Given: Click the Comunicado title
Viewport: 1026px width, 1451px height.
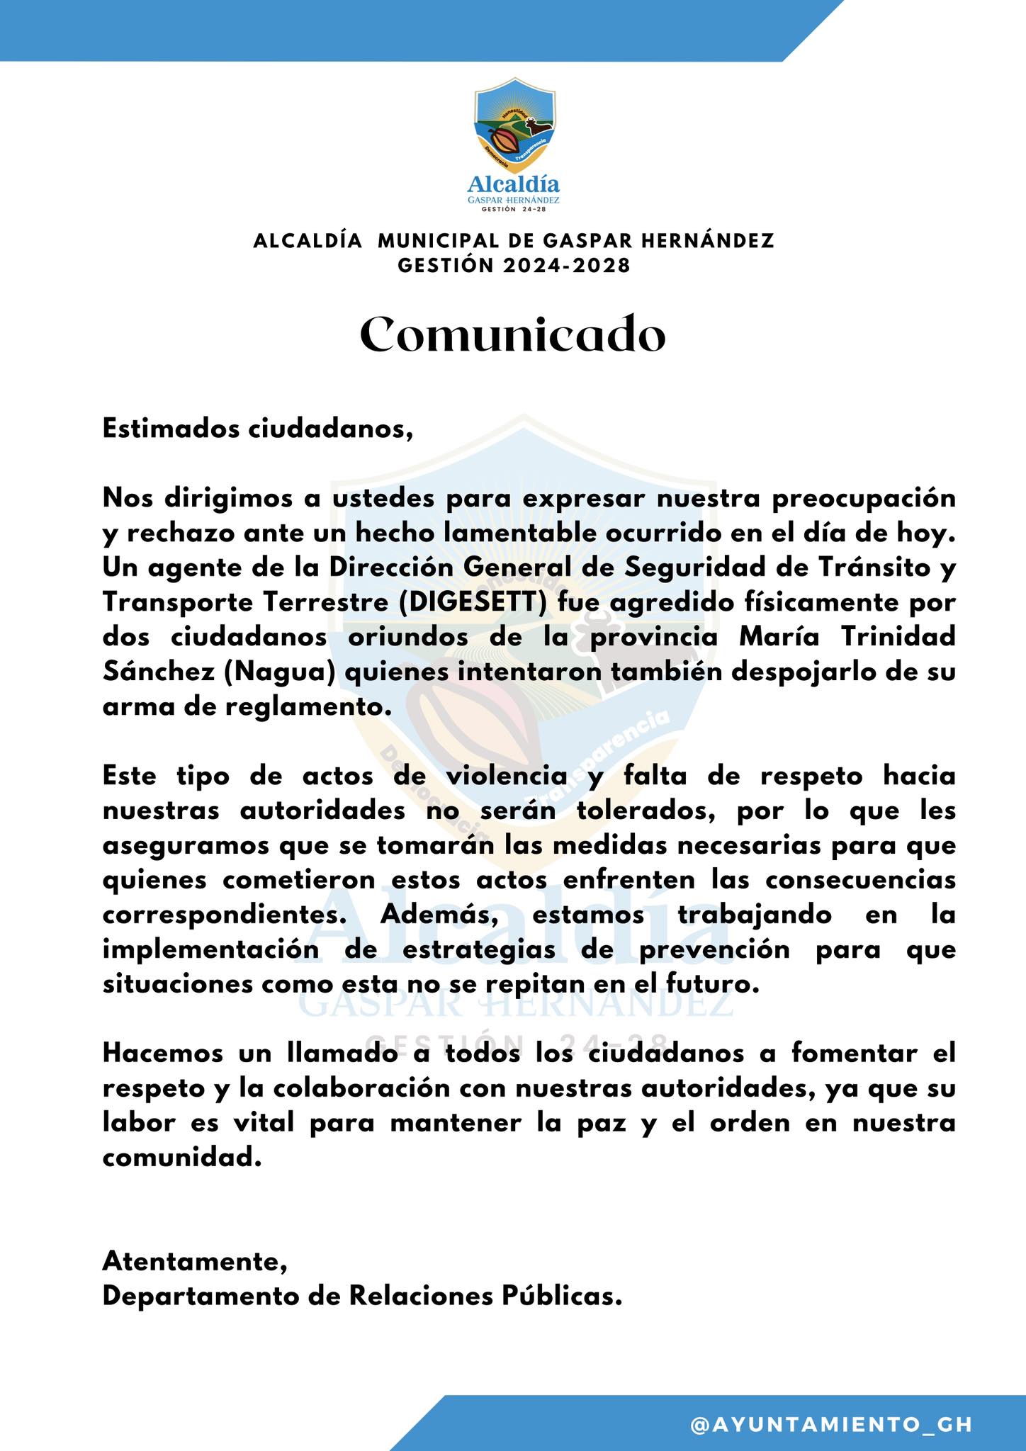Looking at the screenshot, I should pos(512,336).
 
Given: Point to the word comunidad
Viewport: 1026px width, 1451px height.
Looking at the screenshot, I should pos(177,1158).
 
